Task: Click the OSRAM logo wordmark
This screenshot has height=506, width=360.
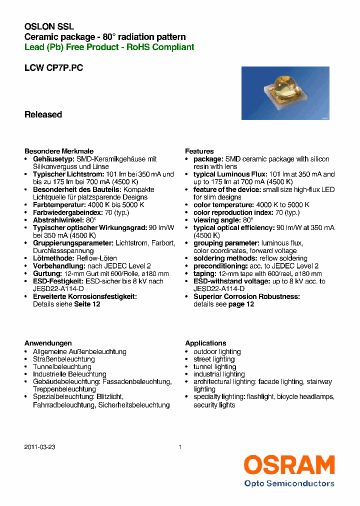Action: point(289,465)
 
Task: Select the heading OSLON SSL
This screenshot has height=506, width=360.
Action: point(49,26)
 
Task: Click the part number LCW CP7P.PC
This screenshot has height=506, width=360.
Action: point(53,68)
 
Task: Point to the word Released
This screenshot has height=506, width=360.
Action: point(43,114)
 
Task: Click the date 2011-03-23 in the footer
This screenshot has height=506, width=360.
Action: point(39,447)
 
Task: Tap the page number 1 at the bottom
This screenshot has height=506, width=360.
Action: point(180,447)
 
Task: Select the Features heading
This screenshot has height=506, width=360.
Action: point(199,151)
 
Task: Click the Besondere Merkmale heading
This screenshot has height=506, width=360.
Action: point(59,151)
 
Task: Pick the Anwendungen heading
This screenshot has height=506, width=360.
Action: point(48,343)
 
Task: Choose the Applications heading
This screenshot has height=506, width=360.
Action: point(205,343)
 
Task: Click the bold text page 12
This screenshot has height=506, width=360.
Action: point(241,304)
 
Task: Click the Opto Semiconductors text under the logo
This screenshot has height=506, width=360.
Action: point(289,483)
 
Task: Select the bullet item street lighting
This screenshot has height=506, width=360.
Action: point(214,359)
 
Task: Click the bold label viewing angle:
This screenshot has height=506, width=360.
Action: point(216,220)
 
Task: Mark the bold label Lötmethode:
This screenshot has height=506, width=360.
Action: point(53,258)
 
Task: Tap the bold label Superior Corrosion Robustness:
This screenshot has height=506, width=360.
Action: point(246,296)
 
